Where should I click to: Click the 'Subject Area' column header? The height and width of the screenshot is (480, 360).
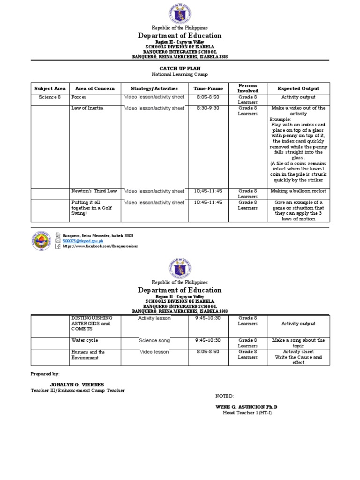click(50, 88)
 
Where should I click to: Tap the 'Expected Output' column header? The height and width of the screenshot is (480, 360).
click(298, 88)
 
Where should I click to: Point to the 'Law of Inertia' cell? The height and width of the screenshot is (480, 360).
click(87, 108)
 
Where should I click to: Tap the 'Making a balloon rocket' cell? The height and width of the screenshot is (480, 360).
click(298, 191)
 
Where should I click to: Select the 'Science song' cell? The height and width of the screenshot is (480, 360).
click(154, 340)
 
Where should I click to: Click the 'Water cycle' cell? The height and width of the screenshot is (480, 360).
click(84, 340)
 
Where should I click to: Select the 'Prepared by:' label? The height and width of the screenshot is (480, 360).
click(45, 374)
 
